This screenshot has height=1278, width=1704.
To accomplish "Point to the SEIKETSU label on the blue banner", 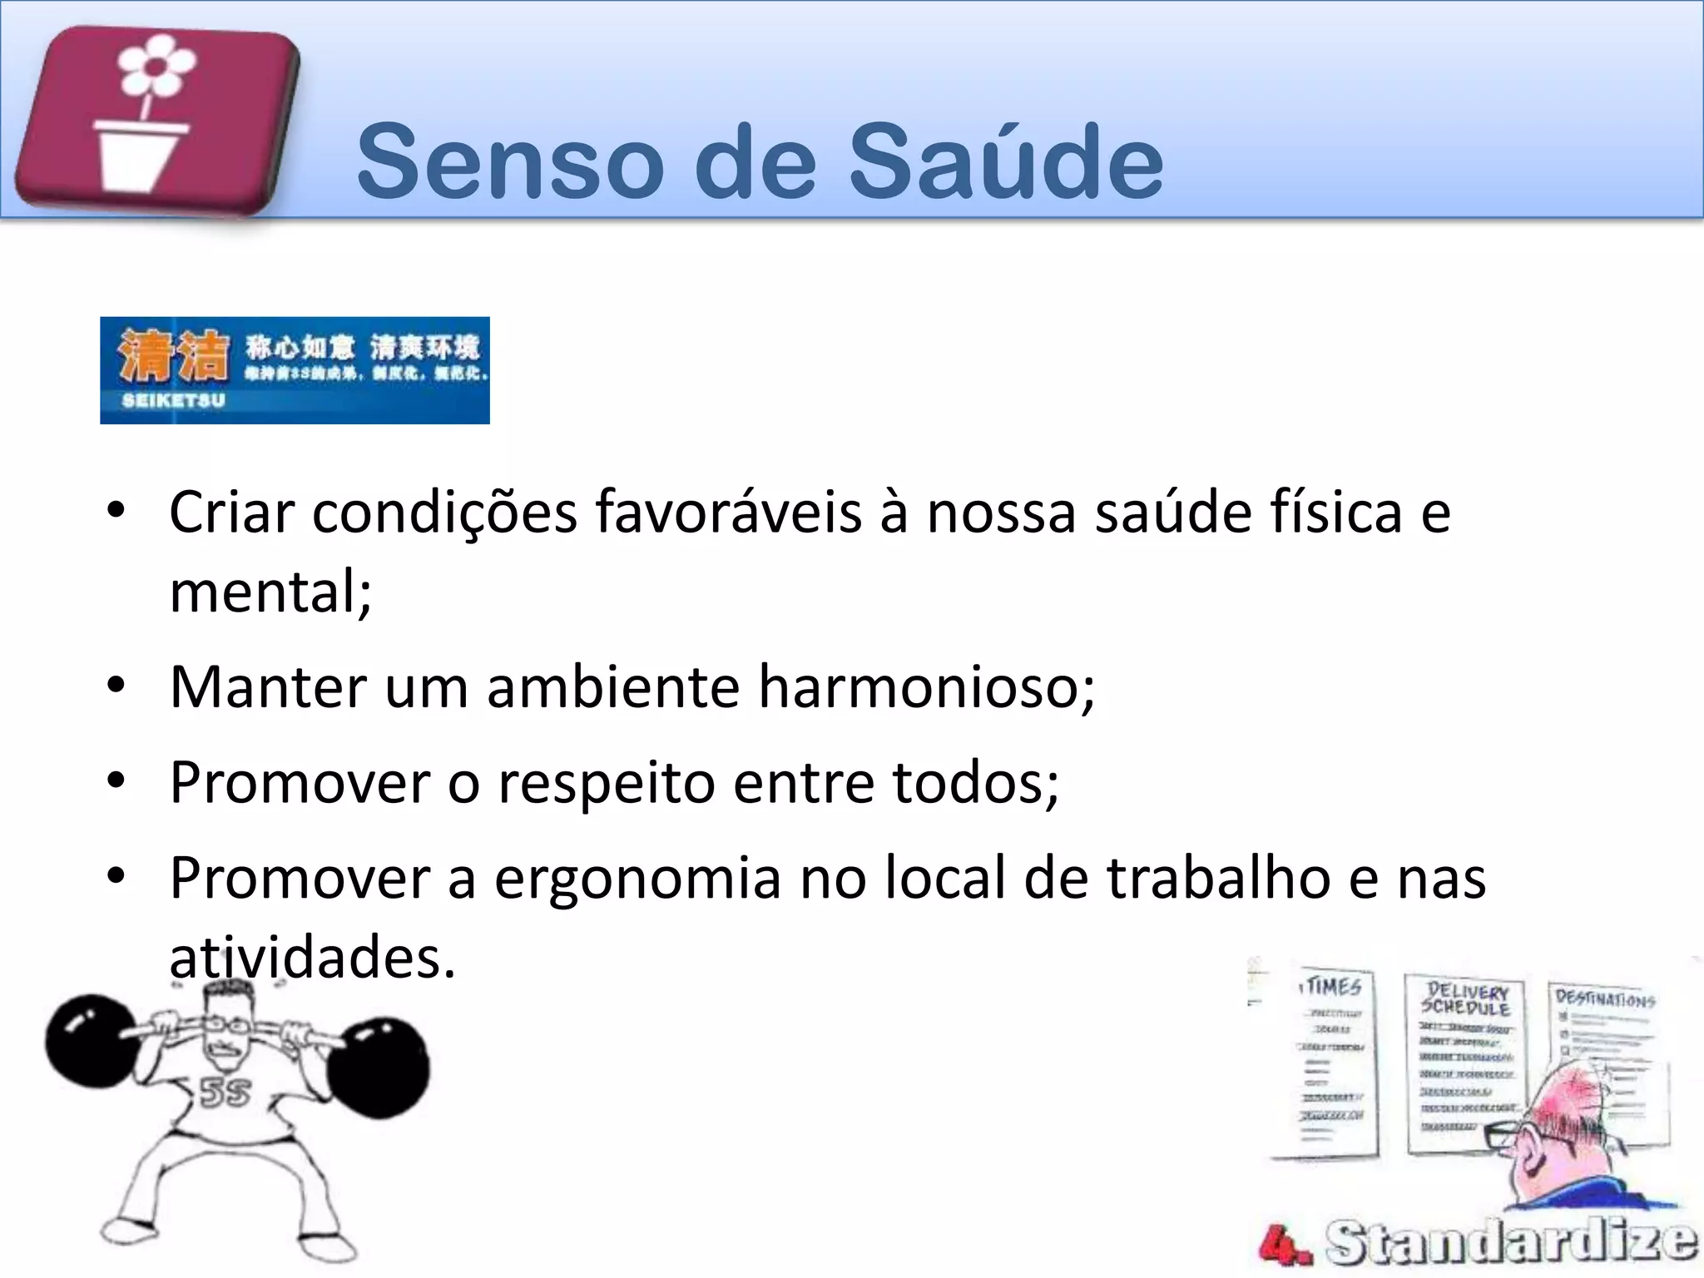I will point(173,400).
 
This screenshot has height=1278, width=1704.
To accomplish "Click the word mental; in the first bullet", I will point(270,592).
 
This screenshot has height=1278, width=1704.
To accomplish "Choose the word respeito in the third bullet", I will point(606,782).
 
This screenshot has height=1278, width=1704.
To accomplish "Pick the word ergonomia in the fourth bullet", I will point(637,878).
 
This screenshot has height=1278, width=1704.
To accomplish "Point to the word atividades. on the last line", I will point(312,958).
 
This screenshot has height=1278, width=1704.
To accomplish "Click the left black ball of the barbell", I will point(90,1040).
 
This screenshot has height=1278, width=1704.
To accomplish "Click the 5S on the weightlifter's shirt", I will point(225,1092).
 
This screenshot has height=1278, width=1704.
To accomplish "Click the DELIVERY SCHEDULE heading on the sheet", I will point(1466,999).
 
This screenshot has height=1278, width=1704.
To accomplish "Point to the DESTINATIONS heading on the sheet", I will point(1605,998).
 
